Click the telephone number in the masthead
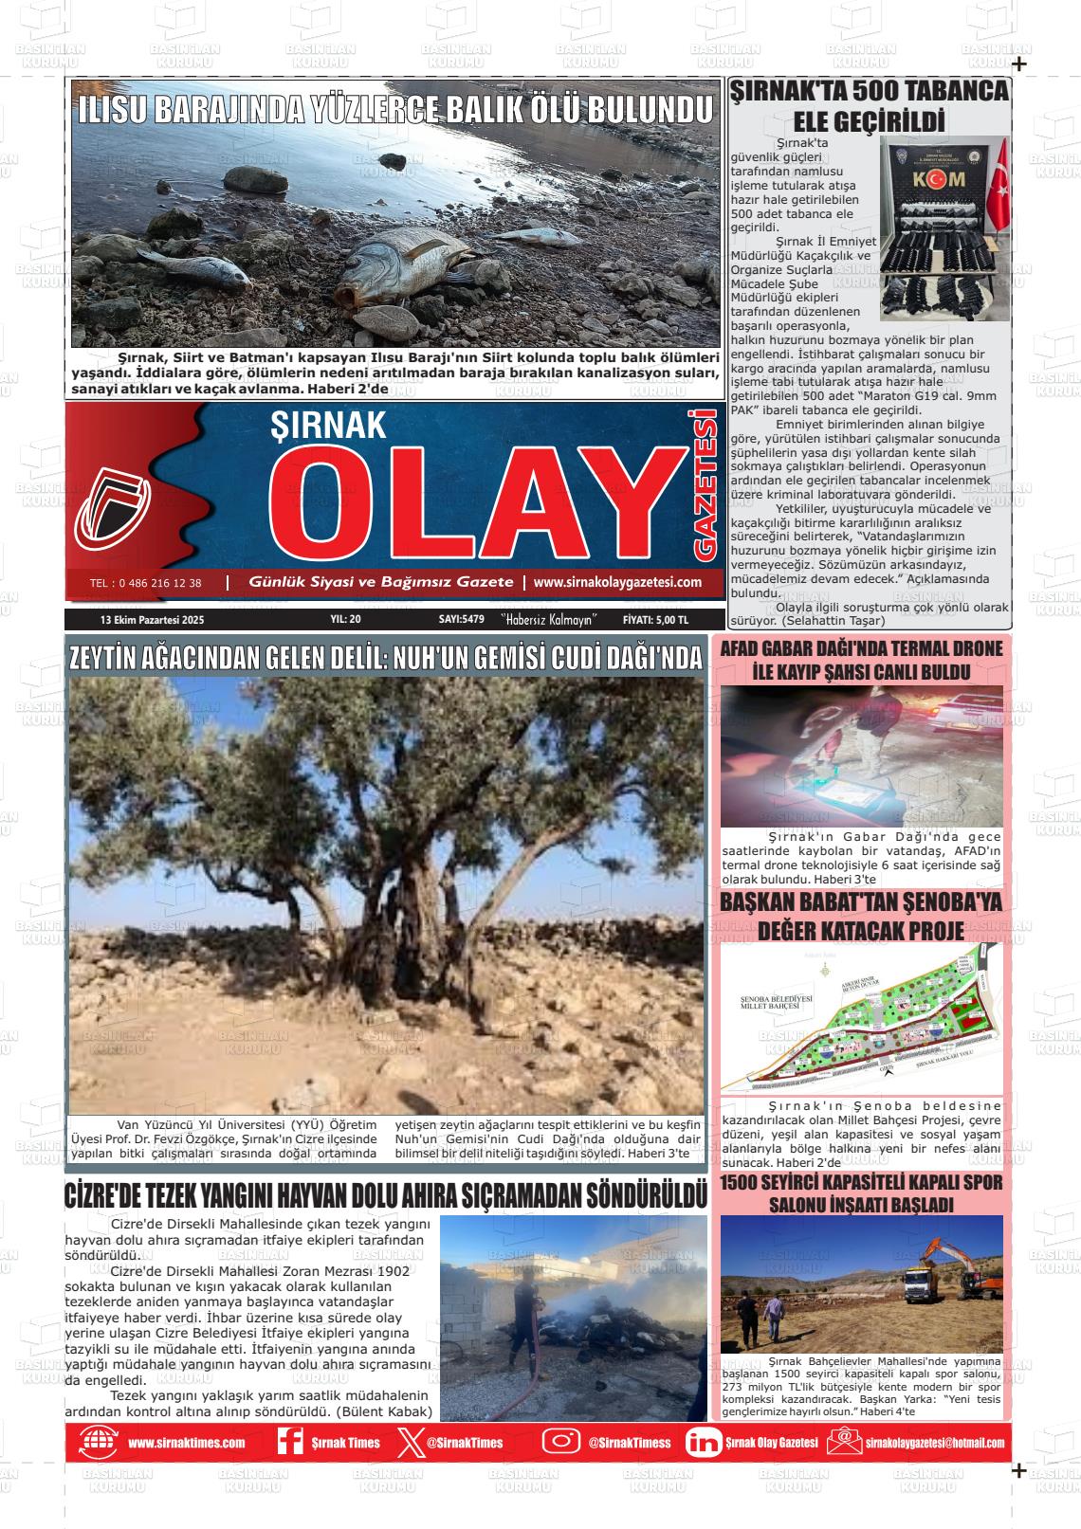coord(145,583)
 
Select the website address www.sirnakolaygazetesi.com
coord(617,582)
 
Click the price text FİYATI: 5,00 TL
coord(655,620)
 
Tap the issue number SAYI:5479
coord(462,620)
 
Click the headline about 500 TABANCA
coord(868,106)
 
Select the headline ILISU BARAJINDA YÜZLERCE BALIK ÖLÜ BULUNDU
coord(394,110)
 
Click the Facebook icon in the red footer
coord(289,1442)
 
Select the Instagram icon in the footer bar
coord(560,1442)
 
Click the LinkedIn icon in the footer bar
coord(703,1442)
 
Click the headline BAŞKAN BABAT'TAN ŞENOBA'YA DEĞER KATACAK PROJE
coord(860,915)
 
